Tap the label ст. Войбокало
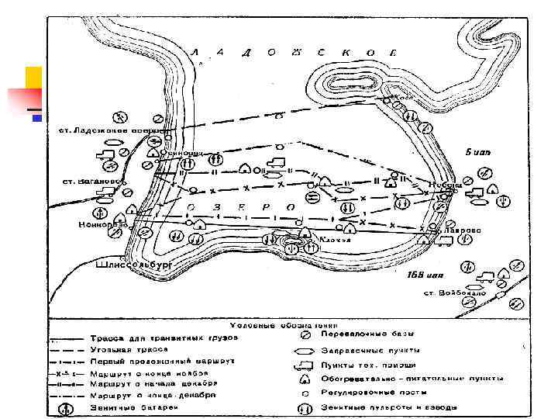(x=455, y=293)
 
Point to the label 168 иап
(x=425, y=275)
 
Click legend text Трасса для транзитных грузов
(x=164, y=338)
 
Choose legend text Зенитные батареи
(x=139, y=407)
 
